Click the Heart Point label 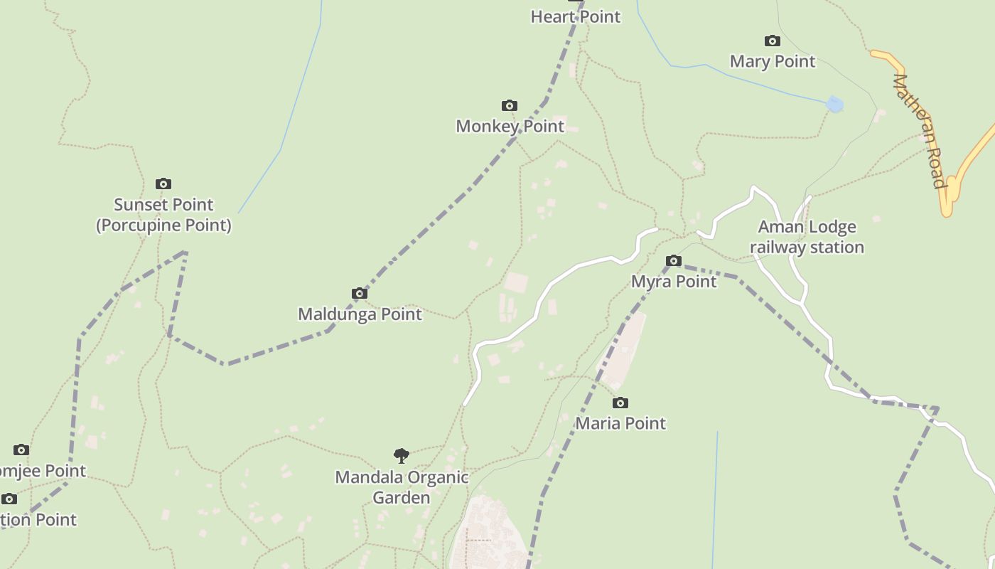(x=576, y=16)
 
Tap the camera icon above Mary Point (x=772, y=41)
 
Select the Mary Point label (x=773, y=61)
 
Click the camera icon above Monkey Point (x=509, y=106)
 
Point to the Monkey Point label (x=510, y=127)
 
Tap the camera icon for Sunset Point (x=163, y=184)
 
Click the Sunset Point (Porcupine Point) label (x=163, y=215)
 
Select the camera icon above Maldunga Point (x=360, y=294)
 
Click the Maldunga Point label (x=360, y=314)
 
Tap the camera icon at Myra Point (x=674, y=261)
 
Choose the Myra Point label (x=674, y=282)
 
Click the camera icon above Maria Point (x=620, y=403)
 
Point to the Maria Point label (x=620, y=423)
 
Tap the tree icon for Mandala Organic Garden (x=402, y=456)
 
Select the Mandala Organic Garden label (x=402, y=486)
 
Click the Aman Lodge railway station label (x=807, y=237)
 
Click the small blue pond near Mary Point (x=834, y=105)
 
